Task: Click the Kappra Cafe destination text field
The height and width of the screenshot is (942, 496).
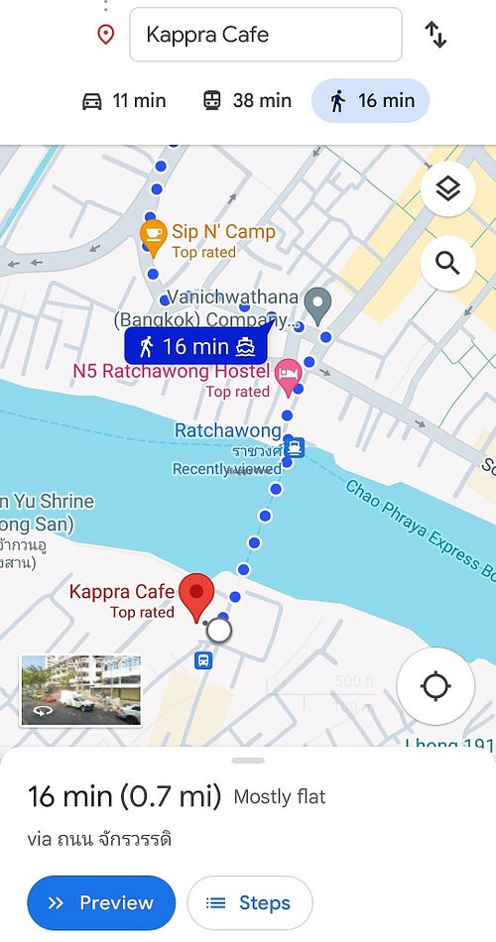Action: [x=265, y=35]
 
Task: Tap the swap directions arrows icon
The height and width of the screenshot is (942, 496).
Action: [x=435, y=35]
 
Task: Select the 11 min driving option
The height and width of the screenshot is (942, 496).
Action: [x=124, y=100]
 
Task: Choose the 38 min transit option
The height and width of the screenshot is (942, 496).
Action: [x=247, y=100]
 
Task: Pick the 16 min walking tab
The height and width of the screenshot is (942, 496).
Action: [x=370, y=100]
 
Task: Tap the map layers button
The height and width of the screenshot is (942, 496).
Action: [x=447, y=189]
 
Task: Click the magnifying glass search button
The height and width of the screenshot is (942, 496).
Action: [x=447, y=263]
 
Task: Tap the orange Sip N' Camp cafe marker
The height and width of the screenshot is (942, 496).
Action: [x=152, y=234]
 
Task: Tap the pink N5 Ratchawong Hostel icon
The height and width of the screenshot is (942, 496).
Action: [x=288, y=374]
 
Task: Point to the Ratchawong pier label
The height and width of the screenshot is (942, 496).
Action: [x=228, y=431]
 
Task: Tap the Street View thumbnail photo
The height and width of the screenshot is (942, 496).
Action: [x=80, y=690]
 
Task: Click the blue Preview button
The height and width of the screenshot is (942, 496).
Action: [x=101, y=902]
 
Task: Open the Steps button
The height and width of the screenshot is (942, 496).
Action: [x=249, y=902]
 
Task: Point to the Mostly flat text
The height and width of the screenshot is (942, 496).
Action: [x=280, y=796]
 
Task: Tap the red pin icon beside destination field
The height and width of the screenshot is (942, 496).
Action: [x=105, y=35]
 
